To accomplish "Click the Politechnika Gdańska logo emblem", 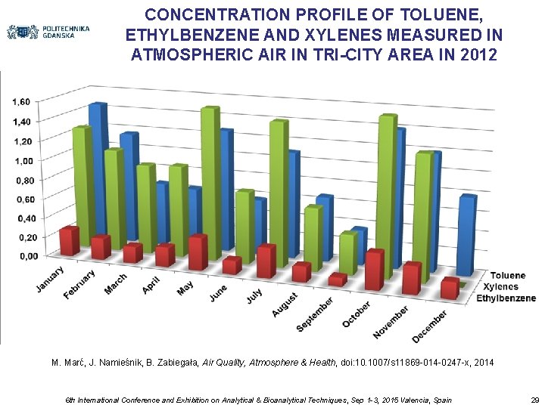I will point(23,32).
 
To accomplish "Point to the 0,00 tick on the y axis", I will point(26,256).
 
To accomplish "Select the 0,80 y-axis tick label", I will point(25,181).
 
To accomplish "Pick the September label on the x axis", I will point(314,314).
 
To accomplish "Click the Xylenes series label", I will point(502,286).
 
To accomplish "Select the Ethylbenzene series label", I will point(506,298).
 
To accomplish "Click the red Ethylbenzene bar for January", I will point(70,240).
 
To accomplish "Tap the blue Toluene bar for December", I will point(467,234).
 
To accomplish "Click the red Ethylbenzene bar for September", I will point(337,280).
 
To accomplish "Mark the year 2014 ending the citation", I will point(482,363).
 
